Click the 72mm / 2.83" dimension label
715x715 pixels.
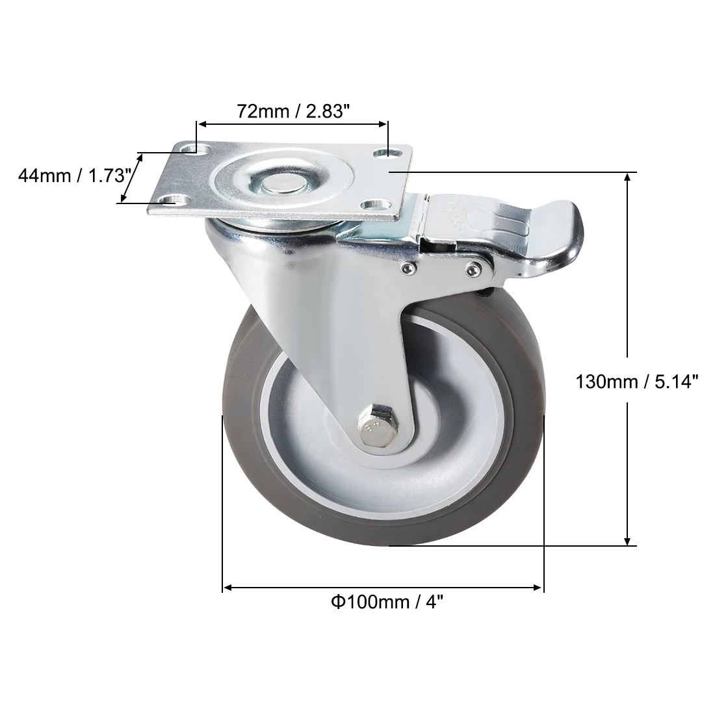pos(293,112)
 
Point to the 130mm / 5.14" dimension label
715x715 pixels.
pos(637,381)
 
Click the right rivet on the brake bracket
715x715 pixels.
pos(473,268)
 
